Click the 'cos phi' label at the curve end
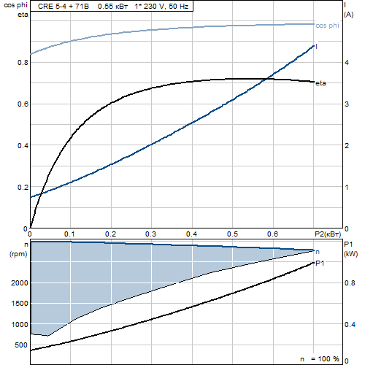click(x=327, y=26)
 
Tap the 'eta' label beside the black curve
click(x=320, y=83)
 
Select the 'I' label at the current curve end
click(x=316, y=47)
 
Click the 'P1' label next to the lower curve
click(x=320, y=264)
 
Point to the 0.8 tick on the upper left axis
click(x=23, y=63)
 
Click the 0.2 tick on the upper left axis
click(x=23, y=188)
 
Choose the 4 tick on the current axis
click(x=347, y=63)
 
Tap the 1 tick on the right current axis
click(x=347, y=188)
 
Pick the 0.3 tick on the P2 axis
click(x=150, y=234)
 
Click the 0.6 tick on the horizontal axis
click(x=272, y=234)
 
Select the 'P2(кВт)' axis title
click(x=328, y=234)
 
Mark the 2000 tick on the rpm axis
click(x=20, y=283)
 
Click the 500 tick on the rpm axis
click(x=21, y=345)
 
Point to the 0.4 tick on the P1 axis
click(x=350, y=324)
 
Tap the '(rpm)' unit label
click(x=18, y=254)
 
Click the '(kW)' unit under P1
click(x=350, y=254)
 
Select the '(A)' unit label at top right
click(x=349, y=15)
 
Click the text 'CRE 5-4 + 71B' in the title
click(x=64, y=7)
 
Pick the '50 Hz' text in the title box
click(x=178, y=7)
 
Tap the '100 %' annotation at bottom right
click(x=328, y=359)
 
